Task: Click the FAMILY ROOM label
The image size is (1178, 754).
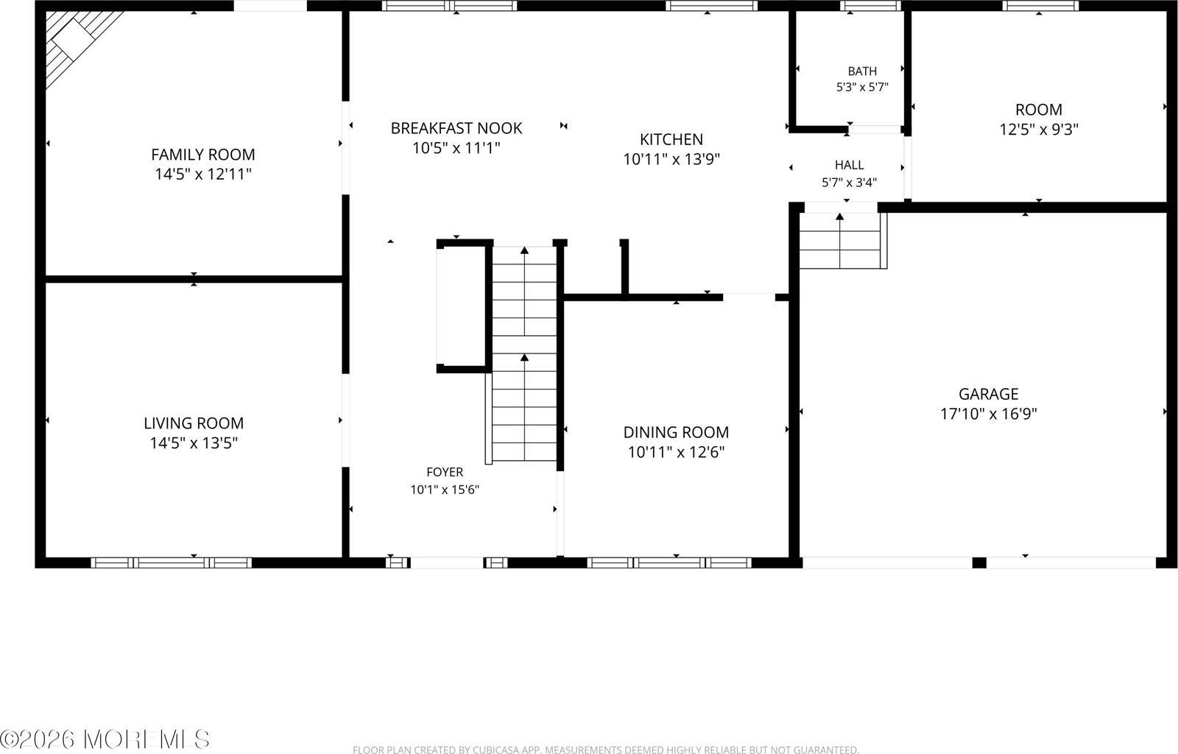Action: (x=203, y=155)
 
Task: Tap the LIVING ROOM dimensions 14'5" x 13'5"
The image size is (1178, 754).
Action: (x=194, y=443)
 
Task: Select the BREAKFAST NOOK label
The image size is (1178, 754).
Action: (x=456, y=128)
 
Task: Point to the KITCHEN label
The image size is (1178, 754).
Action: (x=671, y=139)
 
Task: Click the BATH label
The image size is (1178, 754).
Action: (x=862, y=71)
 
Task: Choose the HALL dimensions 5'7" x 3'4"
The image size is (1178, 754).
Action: (x=850, y=183)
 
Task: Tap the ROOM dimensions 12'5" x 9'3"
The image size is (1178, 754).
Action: (x=1039, y=130)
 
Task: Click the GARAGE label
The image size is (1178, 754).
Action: (x=988, y=394)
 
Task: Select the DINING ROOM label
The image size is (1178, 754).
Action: (x=676, y=432)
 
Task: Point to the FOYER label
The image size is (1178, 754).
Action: (x=445, y=472)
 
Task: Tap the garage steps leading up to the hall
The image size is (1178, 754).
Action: (x=843, y=241)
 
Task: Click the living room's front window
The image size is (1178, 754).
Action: (x=172, y=563)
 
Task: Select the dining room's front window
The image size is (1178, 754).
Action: (x=669, y=563)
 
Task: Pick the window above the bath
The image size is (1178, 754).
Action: (x=870, y=6)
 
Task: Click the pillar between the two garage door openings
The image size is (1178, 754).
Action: (x=978, y=563)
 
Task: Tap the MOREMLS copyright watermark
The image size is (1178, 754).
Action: (x=105, y=739)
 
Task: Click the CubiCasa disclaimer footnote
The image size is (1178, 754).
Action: (x=606, y=750)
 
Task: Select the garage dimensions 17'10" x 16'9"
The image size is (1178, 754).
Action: (x=988, y=414)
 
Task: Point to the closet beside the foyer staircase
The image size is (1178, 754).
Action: (x=461, y=306)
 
